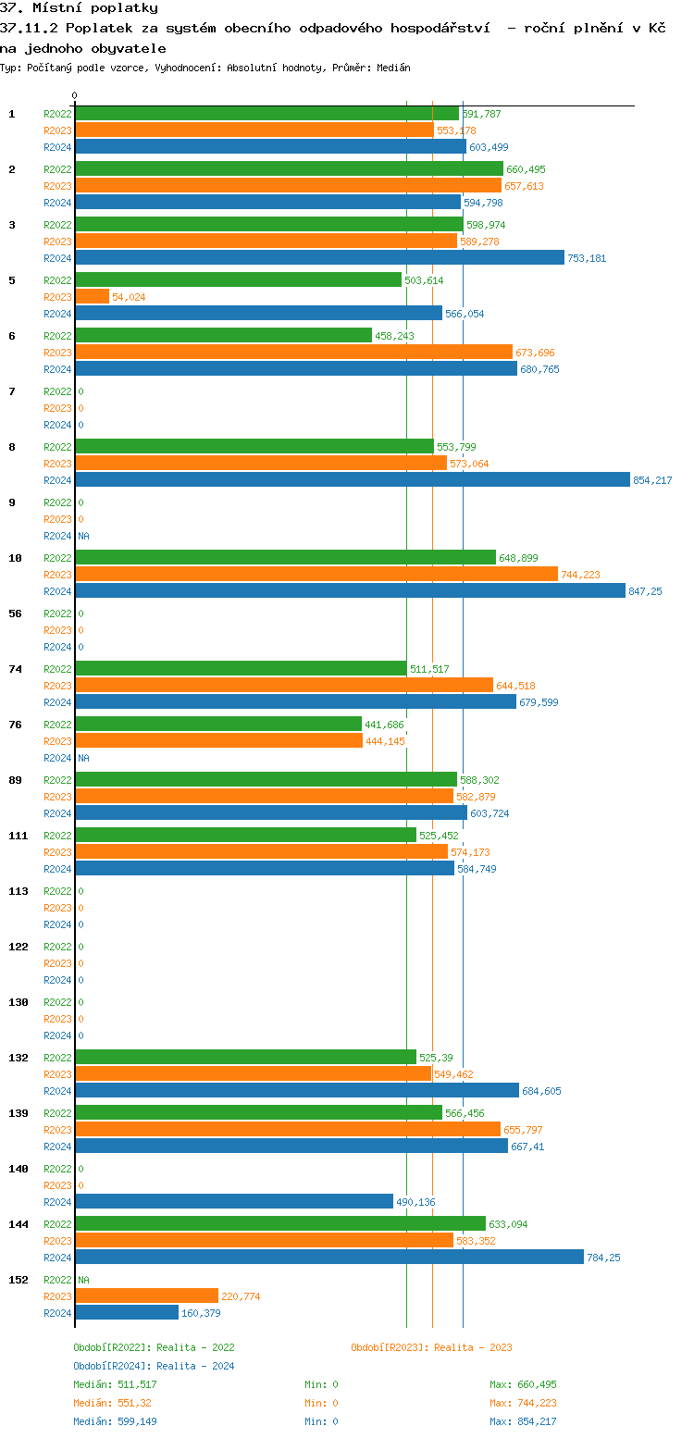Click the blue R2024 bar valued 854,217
(352, 480)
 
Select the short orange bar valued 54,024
(92, 297)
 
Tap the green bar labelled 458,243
(223, 336)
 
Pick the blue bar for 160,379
(127, 1313)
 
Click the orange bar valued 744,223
(316, 575)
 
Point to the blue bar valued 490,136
(234, 1202)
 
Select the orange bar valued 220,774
(146, 1296)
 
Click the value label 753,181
(587, 258)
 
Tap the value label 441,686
(384, 725)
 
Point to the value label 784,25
(605, 1258)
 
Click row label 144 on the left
(18, 1224)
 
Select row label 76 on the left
(15, 725)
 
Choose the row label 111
(18, 836)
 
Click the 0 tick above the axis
(75, 95)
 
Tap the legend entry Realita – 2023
(431, 1347)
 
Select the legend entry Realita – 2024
(154, 1366)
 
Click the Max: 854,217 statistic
(523, 1421)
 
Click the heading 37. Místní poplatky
(79, 8)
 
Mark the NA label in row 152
(83, 1280)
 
